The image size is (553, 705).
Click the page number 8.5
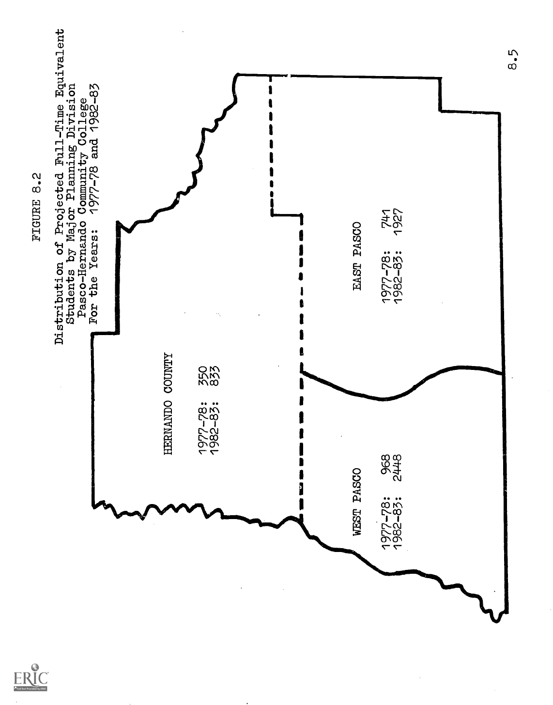point(514,59)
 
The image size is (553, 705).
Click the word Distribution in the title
point(59,303)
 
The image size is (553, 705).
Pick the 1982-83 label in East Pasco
point(399,277)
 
